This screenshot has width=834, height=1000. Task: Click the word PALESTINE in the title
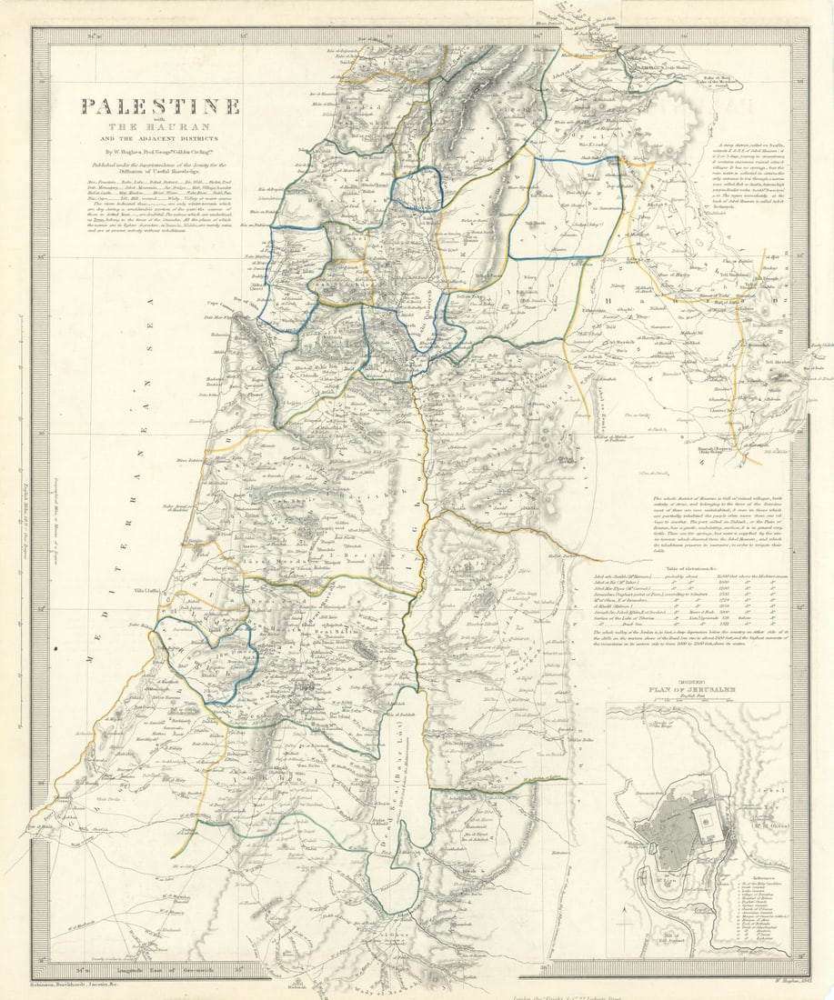click(160, 106)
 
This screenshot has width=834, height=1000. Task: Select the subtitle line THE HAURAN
click(160, 126)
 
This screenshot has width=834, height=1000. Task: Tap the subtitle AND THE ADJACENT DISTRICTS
click(160, 138)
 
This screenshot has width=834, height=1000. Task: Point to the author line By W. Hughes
click(160, 150)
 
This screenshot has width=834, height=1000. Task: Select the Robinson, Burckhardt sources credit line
click(85, 984)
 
